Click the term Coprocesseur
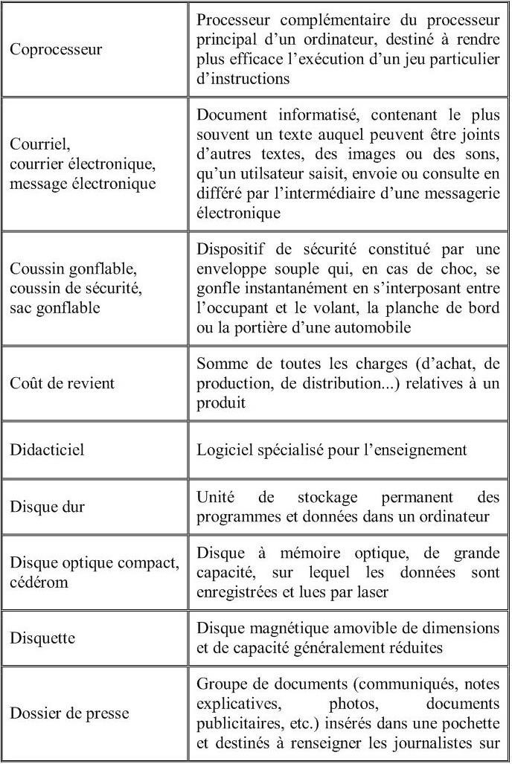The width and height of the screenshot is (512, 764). tap(56, 51)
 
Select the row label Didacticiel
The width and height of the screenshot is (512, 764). tap(47, 450)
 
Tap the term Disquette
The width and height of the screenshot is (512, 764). tap(42, 638)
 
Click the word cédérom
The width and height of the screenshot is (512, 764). tap(39, 582)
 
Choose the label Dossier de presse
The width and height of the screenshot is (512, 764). tap(69, 713)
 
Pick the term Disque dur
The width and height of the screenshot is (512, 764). tap(47, 507)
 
